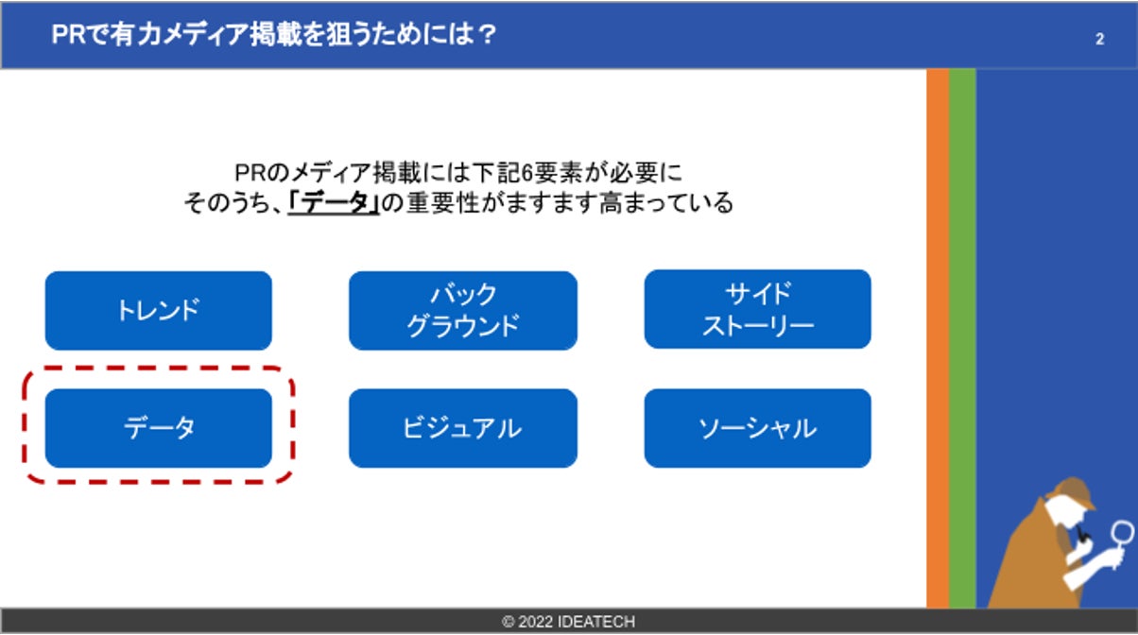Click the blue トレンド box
tap(158, 311)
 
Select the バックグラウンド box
tap(462, 311)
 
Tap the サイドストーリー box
tap(757, 309)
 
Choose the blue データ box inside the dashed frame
tap(158, 428)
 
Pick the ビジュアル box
tap(462, 428)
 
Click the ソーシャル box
tap(757, 428)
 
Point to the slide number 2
tap(1099, 40)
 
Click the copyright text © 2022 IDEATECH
tap(568, 621)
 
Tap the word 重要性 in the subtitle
tap(443, 203)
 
